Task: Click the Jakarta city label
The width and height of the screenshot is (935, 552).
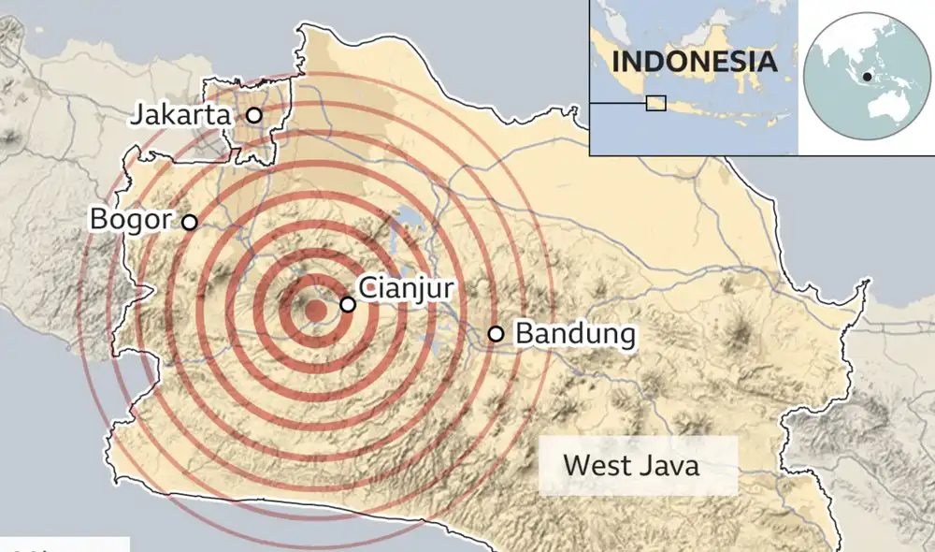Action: pyautogui.click(x=180, y=116)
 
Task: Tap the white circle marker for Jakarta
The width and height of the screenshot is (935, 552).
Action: pyautogui.click(x=253, y=115)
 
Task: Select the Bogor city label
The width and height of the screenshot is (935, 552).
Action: pyautogui.click(x=131, y=220)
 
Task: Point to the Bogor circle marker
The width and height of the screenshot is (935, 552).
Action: pyautogui.click(x=189, y=222)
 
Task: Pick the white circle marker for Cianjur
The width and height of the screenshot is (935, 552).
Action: pyautogui.click(x=347, y=304)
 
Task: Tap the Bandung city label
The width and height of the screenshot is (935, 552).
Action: pyautogui.click(x=575, y=334)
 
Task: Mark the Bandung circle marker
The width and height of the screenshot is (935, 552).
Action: pyautogui.click(x=496, y=334)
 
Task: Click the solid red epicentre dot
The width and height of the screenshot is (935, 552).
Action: pyautogui.click(x=317, y=311)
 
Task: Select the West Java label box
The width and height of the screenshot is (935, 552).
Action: pyautogui.click(x=631, y=465)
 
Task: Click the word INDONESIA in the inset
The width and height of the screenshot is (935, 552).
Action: pyautogui.click(x=694, y=63)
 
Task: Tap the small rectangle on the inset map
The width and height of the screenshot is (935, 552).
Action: pyautogui.click(x=656, y=103)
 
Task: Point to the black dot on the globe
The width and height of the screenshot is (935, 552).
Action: pyautogui.click(x=869, y=76)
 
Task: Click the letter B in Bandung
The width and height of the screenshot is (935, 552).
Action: pyautogui.click(x=524, y=334)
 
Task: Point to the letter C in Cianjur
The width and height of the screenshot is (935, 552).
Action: pyautogui.click(x=367, y=287)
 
